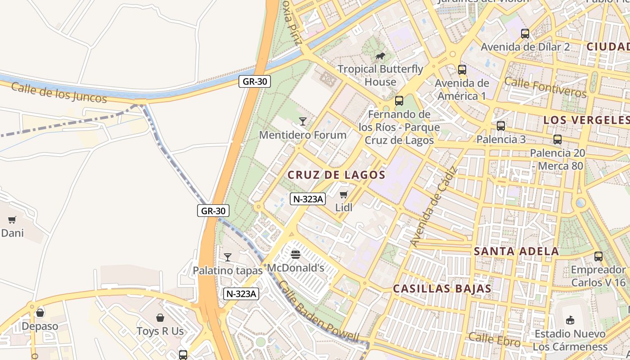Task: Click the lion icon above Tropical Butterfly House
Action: click(380, 56)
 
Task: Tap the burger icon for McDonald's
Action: click(296, 255)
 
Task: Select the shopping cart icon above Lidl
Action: click(344, 194)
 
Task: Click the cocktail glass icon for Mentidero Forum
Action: click(303, 121)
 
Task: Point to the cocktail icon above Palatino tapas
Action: click(228, 257)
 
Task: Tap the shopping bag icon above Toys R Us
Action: click(160, 318)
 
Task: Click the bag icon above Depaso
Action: click(40, 312)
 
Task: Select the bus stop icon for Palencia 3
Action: click(501, 126)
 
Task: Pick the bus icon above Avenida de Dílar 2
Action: click(525, 33)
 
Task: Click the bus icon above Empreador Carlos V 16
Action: click(598, 256)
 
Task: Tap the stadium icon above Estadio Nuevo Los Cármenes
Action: click(570, 320)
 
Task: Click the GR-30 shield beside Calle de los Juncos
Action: click(254, 81)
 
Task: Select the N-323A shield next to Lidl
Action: click(308, 199)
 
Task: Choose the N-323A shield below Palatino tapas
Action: click(241, 294)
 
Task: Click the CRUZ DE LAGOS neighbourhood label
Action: click(337, 175)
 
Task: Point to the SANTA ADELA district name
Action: click(517, 251)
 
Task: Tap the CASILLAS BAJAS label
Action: click(442, 288)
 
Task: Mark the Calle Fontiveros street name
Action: click(545, 87)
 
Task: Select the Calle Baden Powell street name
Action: click(318, 311)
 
